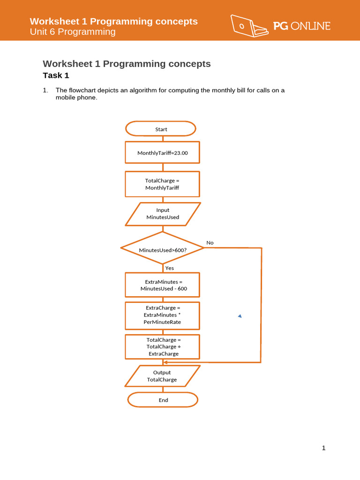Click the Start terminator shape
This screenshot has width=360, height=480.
[x=161, y=129]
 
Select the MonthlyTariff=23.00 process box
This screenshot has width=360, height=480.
[x=162, y=153]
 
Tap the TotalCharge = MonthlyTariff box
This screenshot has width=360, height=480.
[x=162, y=184]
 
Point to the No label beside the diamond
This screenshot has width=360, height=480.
[x=210, y=242]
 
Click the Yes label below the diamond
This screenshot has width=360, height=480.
[x=169, y=268]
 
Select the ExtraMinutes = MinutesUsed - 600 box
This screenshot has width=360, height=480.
[x=162, y=285]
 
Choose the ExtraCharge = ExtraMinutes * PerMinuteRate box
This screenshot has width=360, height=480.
[x=162, y=315]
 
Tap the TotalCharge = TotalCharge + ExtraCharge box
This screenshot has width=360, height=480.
[x=162, y=346]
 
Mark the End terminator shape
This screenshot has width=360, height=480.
[x=163, y=400]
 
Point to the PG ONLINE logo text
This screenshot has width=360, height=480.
[x=302, y=26]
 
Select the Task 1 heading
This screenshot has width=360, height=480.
[x=56, y=75]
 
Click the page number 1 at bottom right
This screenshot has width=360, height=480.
[x=323, y=448]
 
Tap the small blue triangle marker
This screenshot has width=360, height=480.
[x=240, y=316]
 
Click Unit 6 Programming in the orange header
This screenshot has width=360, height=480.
[x=73, y=32]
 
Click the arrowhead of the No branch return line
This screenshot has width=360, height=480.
[x=202, y=362]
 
